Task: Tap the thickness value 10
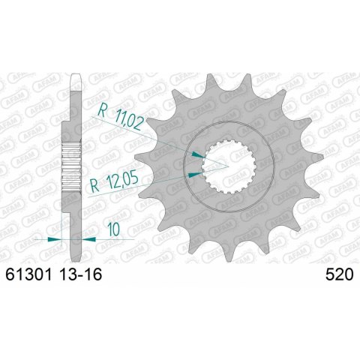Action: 111,229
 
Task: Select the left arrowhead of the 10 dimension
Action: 52,239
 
